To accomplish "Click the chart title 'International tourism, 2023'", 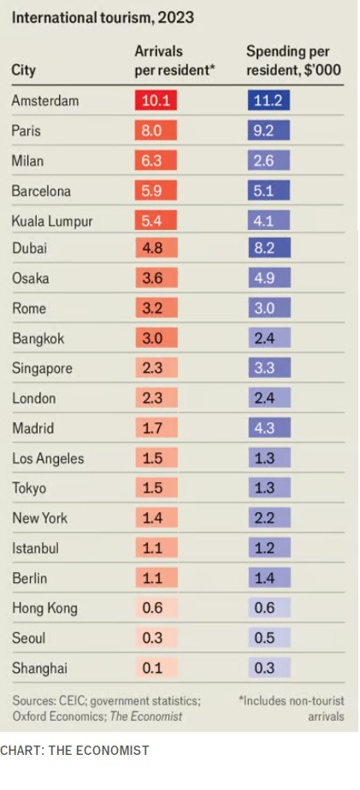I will (103, 17).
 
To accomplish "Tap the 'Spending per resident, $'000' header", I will (292, 61).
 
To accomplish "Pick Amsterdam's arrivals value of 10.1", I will (156, 101).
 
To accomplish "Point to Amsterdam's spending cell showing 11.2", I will (268, 101).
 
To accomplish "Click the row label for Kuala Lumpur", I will (52, 221).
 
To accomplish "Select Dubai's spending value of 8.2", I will (268, 248).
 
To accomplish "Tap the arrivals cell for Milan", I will (156, 161).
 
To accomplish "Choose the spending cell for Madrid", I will (268, 428).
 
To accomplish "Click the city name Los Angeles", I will (48, 458).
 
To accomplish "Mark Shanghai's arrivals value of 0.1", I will (156, 669).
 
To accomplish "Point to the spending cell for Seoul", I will (268, 639).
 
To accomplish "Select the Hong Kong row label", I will (44, 608).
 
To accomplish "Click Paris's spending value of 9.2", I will (268, 131).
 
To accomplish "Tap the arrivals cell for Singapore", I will (156, 368).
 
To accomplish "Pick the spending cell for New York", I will (268, 518).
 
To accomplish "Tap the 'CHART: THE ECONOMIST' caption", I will (74, 751).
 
